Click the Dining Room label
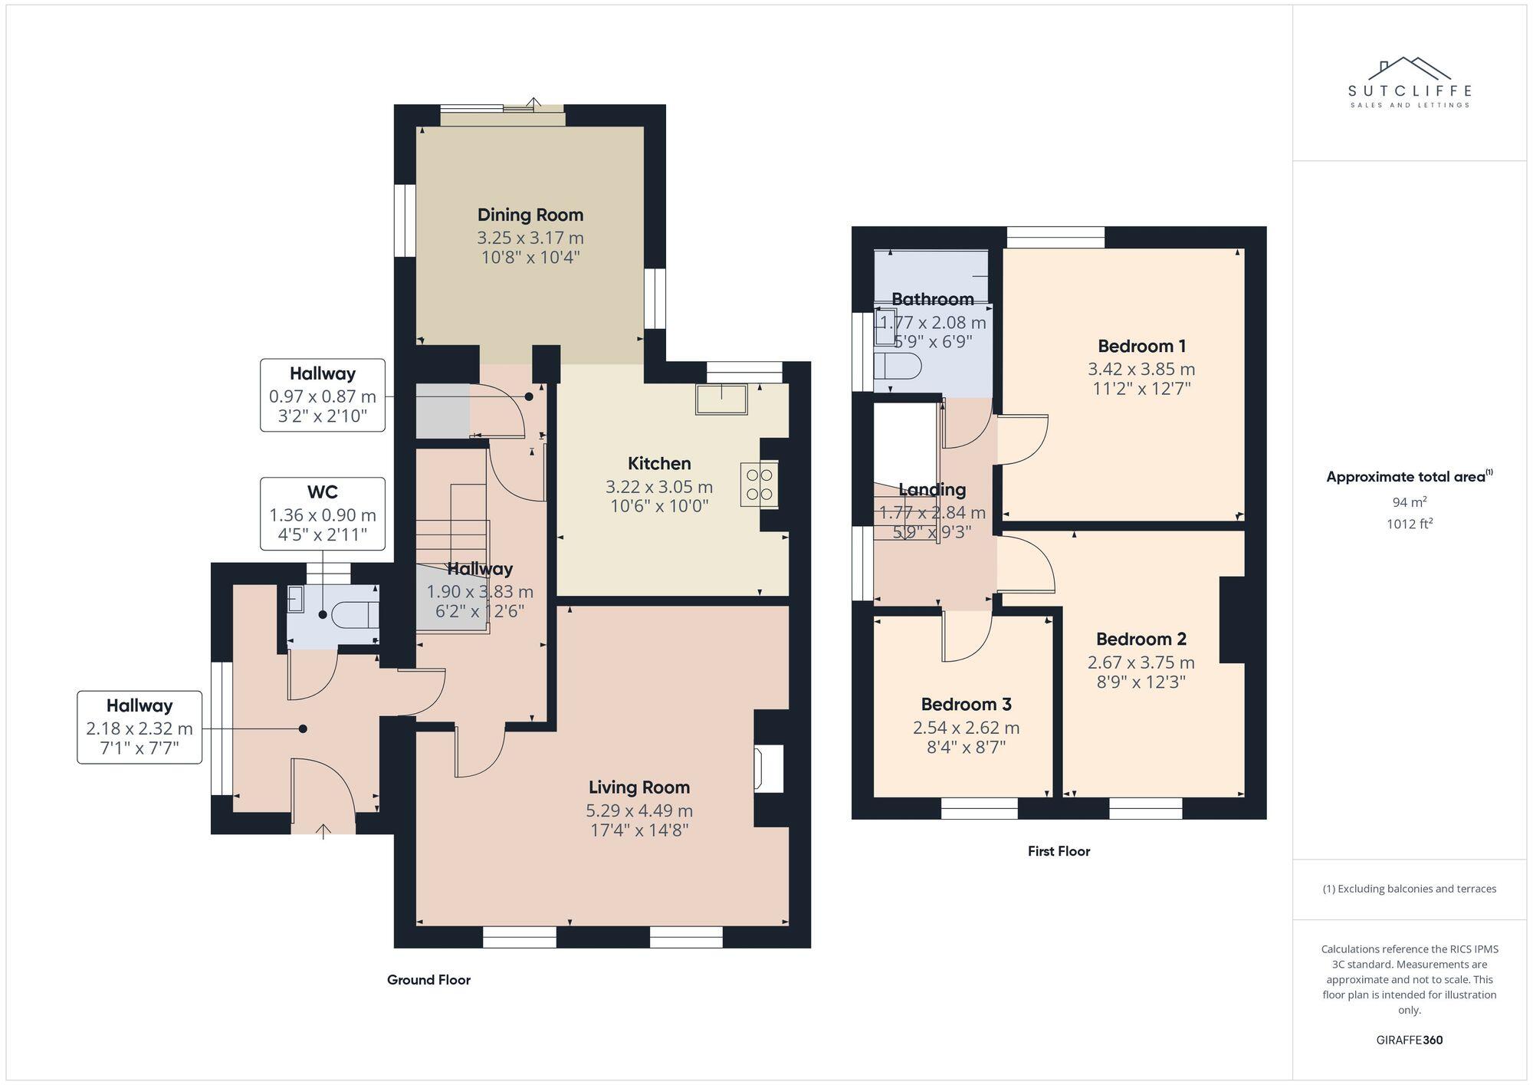pos(530,215)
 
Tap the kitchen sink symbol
pos(721,399)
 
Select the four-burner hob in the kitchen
pos(759,484)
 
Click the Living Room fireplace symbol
pos(769,769)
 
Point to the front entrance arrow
pos(323,830)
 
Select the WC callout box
pos(322,513)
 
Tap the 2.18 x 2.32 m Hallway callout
pos(140,727)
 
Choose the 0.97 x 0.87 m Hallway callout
pos(322,395)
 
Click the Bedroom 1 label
pos(1141,346)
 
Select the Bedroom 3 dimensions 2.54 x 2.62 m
pos(966,727)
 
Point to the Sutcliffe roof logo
pos(1409,69)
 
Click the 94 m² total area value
pos(1409,502)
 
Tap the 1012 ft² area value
pos(1409,524)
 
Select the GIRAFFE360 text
pos(1409,1040)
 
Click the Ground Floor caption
pos(428,979)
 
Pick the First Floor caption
pos(1059,850)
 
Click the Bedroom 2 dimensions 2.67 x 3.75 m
pos(1141,662)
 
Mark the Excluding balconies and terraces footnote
pos(1409,889)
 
